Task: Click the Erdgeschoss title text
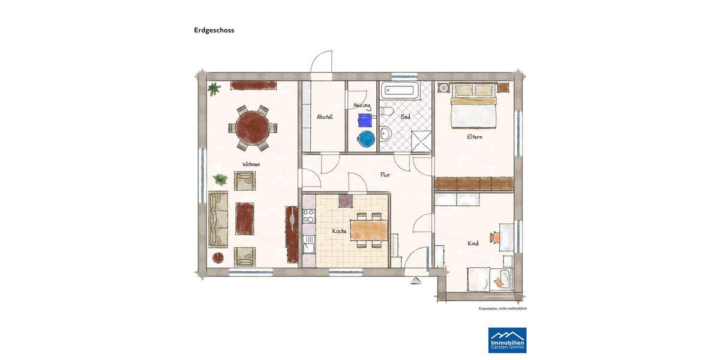[214, 29]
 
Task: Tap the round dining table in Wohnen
[253, 127]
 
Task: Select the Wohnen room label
[251, 164]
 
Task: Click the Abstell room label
[325, 117]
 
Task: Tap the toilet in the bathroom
[387, 113]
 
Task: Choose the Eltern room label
[475, 137]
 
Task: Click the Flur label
[385, 175]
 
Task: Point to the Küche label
[340, 230]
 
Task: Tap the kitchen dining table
[369, 230]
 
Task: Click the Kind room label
[473, 244]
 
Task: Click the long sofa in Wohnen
[219, 218]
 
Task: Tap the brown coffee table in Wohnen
[245, 218]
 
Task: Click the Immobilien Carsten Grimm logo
[507, 340]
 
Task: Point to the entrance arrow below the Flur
[415, 280]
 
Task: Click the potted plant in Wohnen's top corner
[213, 89]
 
